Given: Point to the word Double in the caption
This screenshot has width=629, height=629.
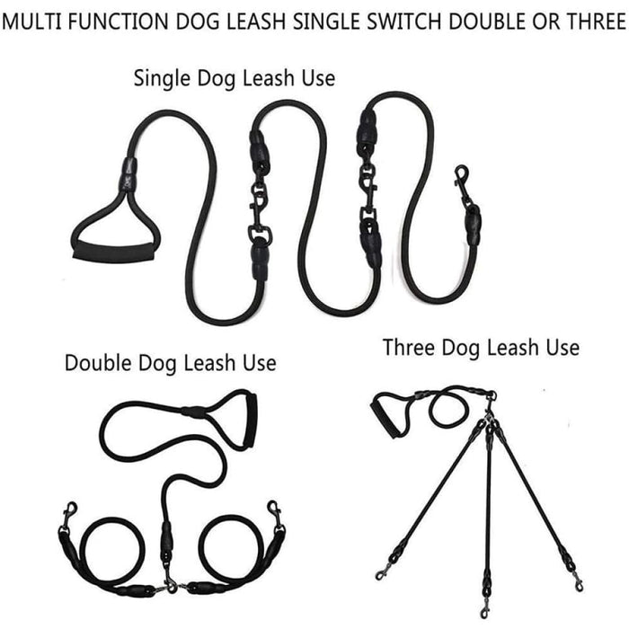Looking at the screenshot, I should coord(97,364).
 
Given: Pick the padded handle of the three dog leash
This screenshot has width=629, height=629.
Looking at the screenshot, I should coord(387,418).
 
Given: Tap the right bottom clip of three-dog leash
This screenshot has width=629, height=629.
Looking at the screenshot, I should coord(575,580).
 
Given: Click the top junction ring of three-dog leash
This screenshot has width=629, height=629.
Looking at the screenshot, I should coord(490,396).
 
